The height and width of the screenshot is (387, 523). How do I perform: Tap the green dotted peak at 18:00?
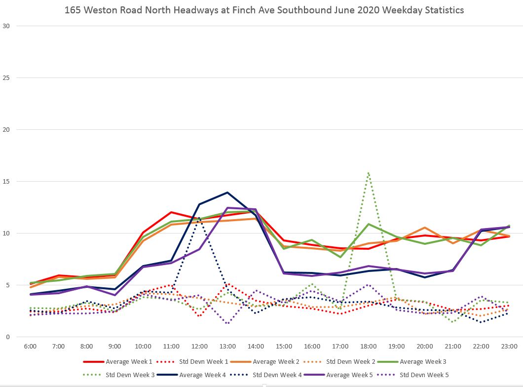coord(369,173)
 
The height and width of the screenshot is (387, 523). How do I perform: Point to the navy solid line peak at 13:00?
coord(227,193)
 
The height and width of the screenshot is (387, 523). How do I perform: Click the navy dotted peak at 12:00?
coord(199,218)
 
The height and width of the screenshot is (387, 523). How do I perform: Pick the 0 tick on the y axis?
coord(7,337)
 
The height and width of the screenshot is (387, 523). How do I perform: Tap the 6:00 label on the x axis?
coord(30,347)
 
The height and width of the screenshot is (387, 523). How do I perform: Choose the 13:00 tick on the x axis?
coord(227,347)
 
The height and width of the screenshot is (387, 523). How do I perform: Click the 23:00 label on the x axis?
coord(509,347)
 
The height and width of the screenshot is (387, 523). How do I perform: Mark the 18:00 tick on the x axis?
coord(369,347)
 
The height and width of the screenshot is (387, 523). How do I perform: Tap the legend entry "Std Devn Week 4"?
coord(277,375)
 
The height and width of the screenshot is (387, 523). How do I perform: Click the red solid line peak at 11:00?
coord(171,212)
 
